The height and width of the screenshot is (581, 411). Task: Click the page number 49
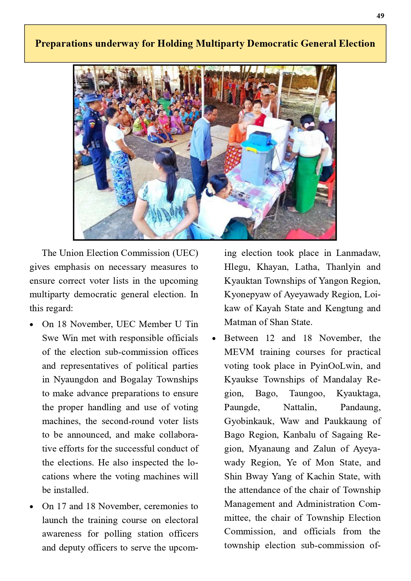[x=380, y=16]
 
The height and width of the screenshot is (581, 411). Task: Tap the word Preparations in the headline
[x=64, y=44]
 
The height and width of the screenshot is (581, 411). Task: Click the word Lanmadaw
[x=358, y=253]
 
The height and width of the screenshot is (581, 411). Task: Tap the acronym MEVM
[x=239, y=352]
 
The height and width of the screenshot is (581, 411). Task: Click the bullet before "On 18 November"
[x=31, y=325]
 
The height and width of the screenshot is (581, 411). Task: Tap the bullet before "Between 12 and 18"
[x=214, y=339]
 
